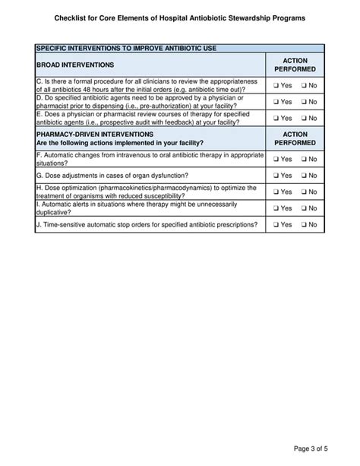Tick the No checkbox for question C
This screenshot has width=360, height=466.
click(x=303, y=85)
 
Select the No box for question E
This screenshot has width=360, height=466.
click(x=303, y=119)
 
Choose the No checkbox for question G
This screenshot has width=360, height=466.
click(x=303, y=176)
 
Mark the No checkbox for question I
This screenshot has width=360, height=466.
click(x=303, y=208)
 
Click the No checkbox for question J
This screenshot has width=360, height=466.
click(x=303, y=225)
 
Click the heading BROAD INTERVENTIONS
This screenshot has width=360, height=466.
click(x=75, y=65)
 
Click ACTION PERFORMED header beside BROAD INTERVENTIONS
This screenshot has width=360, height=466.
click(x=295, y=65)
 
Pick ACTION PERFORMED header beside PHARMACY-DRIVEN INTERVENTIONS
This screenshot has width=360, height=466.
click(x=295, y=138)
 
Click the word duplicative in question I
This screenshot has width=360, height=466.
click(x=55, y=214)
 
